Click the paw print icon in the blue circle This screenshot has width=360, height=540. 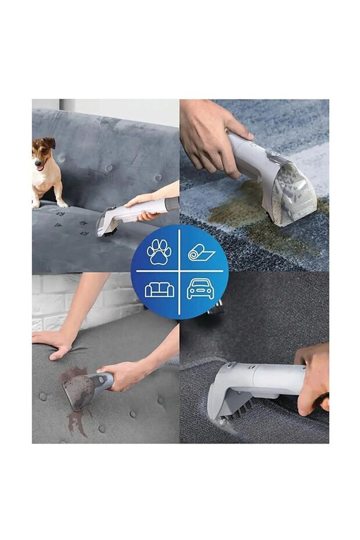tap(159, 251)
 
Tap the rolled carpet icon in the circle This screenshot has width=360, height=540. tap(201, 252)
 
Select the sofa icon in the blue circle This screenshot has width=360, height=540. tap(159, 289)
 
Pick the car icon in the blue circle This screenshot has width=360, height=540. tap(200, 289)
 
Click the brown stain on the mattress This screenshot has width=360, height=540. tap(74, 401)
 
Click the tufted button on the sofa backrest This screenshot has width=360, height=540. tap(109, 168)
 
